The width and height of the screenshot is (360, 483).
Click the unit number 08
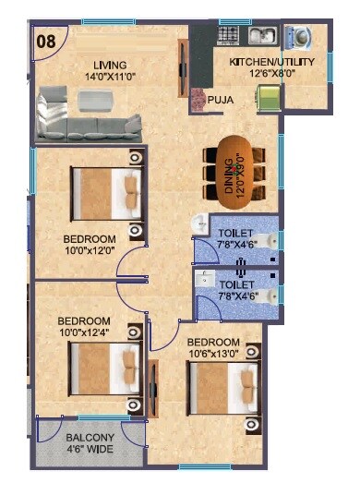tap(43, 40)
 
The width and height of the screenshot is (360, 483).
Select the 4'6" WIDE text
tap(90, 450)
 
